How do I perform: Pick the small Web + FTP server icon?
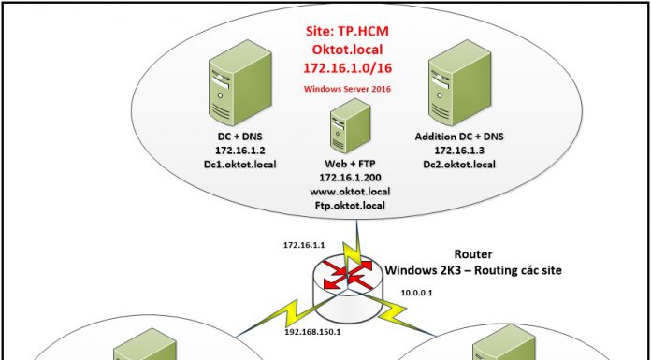(x=340, y=130)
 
